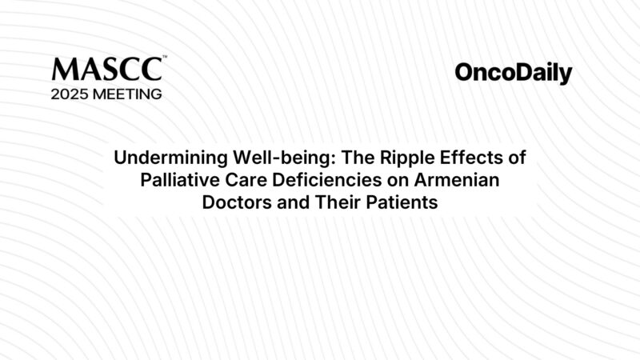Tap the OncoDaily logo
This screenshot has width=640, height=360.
(514, 74)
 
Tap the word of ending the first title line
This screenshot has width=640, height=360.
(515, 157)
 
